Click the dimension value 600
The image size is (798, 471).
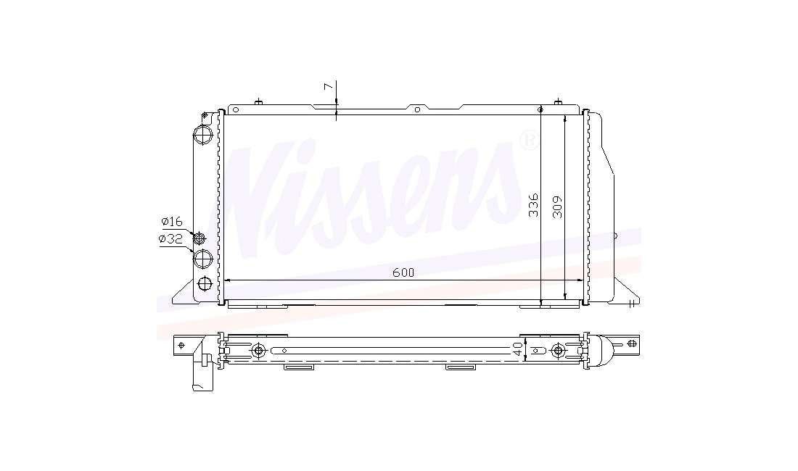[x=403, y=273]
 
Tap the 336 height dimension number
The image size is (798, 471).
[x=533, y=205]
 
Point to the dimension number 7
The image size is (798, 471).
[x=329, y=87]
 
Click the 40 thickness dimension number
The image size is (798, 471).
[x=517, y=349]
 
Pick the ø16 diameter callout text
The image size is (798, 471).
[x=171, y=222]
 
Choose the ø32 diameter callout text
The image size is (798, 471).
[x=170, y=239]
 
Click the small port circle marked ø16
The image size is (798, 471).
[x=199, y=238]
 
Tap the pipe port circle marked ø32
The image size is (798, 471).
[x=203, y=259]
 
